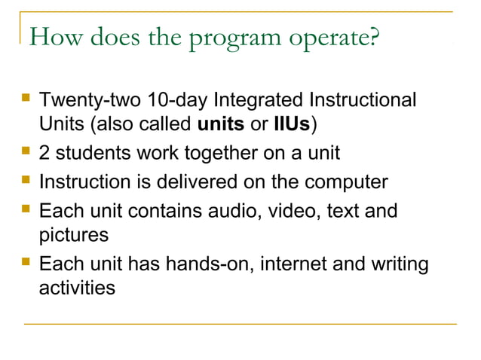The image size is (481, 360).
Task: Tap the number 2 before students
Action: pyautogui.click(x=44, y=154)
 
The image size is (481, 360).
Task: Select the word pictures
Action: pyautogui.click(x=73, y=234)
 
